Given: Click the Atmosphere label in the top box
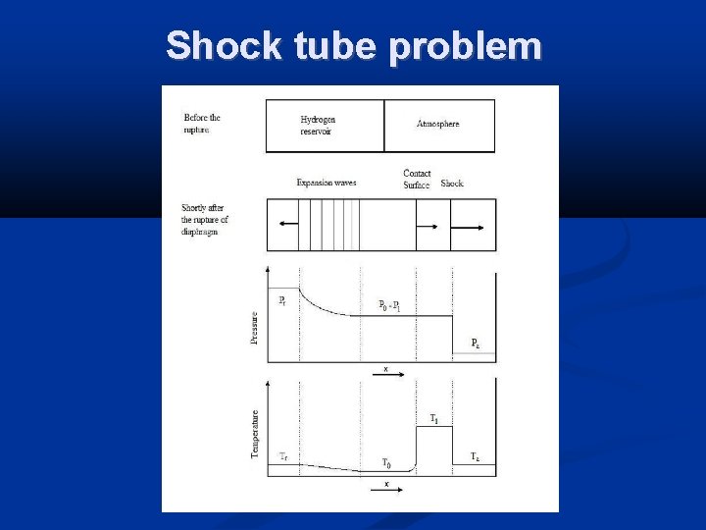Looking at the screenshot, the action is pos(437,124).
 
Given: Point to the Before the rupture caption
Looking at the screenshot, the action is pos(201,123).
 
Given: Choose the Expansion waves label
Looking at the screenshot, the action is pos(327,183).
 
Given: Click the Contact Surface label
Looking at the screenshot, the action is pos(417,179).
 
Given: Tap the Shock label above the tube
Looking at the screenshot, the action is pos(452,184).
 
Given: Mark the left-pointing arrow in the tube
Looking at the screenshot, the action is pos(288,225).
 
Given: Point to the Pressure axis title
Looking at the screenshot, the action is pos(255,327).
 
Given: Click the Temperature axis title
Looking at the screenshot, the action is pos(255,433).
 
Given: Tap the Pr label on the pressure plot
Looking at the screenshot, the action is pos(282,300).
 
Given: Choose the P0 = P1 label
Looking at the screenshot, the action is pos(395,305).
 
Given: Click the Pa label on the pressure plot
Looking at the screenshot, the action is pos(476,343).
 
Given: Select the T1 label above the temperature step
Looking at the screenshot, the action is pos(434,418).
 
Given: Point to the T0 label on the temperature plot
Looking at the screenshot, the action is pos(387,462).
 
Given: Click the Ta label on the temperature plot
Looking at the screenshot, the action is pos(475,456).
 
